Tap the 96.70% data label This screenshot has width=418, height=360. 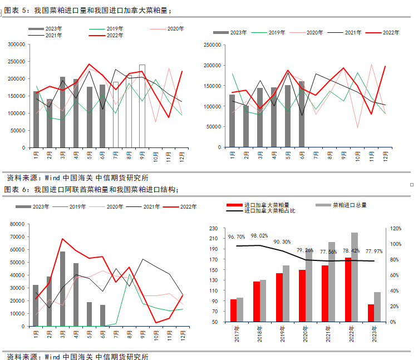click(237, 237)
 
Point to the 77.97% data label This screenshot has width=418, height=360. click(372, 252)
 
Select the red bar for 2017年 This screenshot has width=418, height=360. click(233, 310)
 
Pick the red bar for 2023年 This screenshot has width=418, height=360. click(371, 313)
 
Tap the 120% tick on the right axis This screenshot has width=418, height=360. click(396, 229)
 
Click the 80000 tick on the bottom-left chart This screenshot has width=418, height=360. click(17, 224)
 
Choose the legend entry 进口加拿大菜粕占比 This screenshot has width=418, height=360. click(269, 211)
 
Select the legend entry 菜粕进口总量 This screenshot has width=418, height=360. click(350, 205)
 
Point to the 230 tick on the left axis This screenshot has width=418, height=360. click(213, 229)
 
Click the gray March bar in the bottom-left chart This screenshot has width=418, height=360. click(62, 288)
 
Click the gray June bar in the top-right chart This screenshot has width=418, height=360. click(302, 115)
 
